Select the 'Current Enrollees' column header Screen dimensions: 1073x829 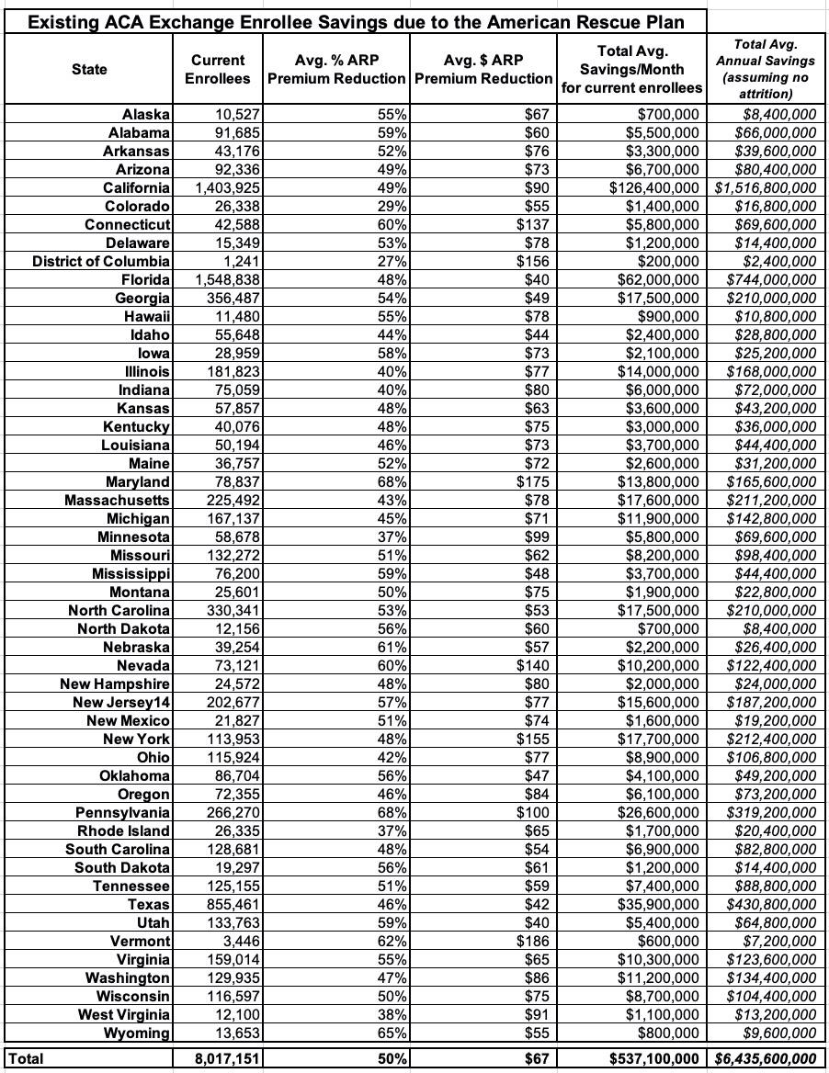click(218, 70)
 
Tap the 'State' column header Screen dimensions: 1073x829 click(89, 70)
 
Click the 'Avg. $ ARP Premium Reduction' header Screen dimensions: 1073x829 click(483, 70)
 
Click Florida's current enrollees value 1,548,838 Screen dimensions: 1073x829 click(228, 280)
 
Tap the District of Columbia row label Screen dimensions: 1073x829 click(101, 262)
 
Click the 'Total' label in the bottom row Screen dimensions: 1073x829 click(25, 1059)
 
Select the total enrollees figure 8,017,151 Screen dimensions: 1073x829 click(228, 1059)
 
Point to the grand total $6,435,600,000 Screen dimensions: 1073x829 click(766, 1059)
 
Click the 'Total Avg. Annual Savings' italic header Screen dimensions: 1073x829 click(766, 69)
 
